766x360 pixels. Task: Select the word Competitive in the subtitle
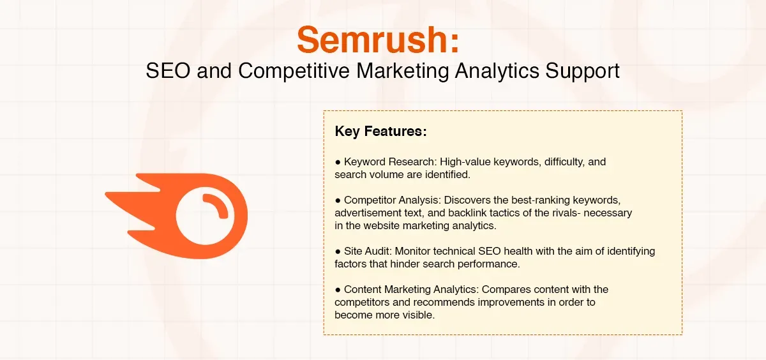point(293,70)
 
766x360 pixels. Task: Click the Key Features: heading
point(380,132)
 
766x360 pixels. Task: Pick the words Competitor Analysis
point(389,200)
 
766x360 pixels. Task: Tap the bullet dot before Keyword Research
point(338,162)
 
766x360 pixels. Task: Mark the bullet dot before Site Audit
point(338,251)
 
